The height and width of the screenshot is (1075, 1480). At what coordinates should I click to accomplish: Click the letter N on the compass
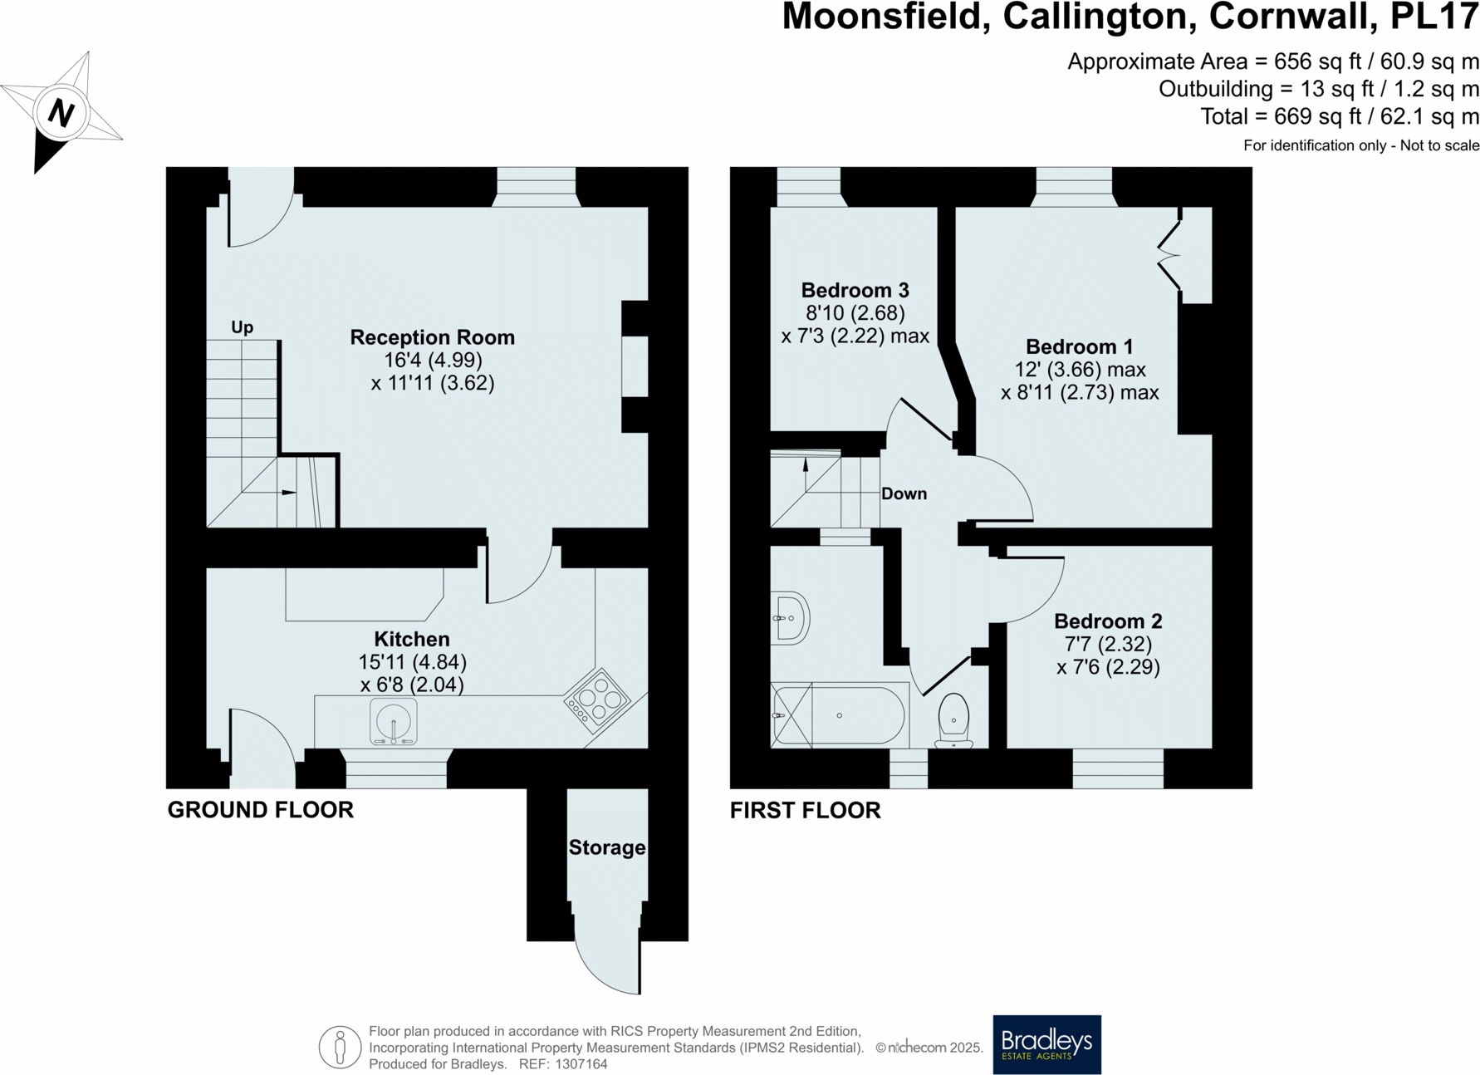[x=61, y=112]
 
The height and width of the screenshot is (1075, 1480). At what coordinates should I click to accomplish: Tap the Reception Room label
[x=432, y=337]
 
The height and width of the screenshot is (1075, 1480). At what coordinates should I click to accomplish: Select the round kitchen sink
[x=393, y=721]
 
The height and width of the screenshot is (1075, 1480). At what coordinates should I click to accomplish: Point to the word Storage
[x=606, y=847]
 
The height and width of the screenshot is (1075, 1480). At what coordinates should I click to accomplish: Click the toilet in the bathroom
[x=953, y=719]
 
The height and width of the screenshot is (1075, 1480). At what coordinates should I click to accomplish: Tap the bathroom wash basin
[x=790, y=618]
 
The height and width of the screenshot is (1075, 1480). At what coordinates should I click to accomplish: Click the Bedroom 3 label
[x=855, y=290]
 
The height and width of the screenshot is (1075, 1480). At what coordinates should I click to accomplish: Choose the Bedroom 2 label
[x=1107, y=621]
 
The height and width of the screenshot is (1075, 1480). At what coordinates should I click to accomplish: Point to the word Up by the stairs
[x=242, y=326]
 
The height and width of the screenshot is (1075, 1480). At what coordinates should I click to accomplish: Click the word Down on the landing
[x=904, y=493]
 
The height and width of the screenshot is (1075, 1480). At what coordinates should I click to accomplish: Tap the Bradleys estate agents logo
[x=1046, y=1044]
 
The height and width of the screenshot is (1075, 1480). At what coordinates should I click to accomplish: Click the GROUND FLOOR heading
[x=260, y=809]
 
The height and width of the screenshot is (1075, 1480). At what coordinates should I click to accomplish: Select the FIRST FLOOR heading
[x=805, y=810]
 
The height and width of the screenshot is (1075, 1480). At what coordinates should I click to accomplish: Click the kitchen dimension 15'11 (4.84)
[x=412, y=662]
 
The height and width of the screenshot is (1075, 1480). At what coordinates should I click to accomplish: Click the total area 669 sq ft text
[x=1339, y=116]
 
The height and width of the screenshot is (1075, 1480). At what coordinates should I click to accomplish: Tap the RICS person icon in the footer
[x=340, y=1047]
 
